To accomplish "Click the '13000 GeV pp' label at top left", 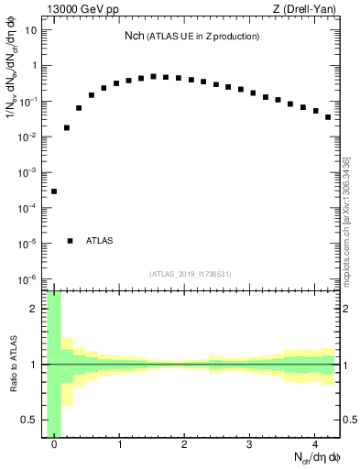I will click(82, 10).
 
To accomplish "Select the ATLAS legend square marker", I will click(71, 241).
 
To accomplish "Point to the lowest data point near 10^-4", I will click(54, 191).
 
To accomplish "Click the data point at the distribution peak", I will click(154, 77).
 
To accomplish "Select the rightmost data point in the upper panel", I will click(328, 117).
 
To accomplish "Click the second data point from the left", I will click(67, 127).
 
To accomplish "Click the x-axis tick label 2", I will click(184, 444).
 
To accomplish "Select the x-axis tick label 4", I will click(314, 444).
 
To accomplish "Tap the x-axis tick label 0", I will click(54, 444).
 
